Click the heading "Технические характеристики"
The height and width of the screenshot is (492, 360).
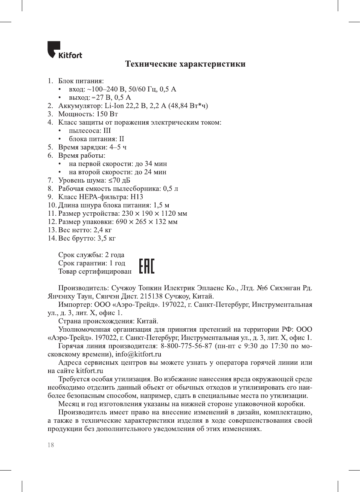[x=185, y=64]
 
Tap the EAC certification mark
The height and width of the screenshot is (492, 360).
[x=146, y=266]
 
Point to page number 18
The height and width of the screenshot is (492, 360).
[x=51, y=445]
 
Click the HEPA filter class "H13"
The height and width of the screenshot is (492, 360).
[x=137, y=197]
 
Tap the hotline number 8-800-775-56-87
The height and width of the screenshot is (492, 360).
[x=186, y=346]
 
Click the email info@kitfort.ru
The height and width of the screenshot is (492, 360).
[x=138, y=354]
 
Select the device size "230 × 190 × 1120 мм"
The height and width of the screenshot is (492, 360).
[x=154, y=213]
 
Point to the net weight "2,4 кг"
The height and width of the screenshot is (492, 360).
[x=103, y=230]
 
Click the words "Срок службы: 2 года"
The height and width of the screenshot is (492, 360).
[x=91, y=255]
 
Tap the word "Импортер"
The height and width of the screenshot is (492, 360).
[x=74, y=305]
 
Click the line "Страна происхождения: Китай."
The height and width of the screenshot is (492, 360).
[x=108, y=321]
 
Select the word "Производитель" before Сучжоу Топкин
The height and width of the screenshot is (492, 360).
[x=83, y=288]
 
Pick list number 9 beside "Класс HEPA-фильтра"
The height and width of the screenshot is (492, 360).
[x=50, y=197]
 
